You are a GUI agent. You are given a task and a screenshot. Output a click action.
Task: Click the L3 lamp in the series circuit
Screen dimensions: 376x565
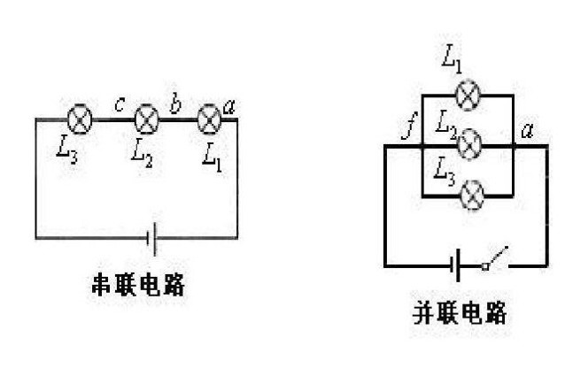81,117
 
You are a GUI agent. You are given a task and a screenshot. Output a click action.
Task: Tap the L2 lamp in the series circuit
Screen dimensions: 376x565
145,117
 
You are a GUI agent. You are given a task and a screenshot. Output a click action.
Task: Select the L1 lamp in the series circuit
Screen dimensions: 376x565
210,117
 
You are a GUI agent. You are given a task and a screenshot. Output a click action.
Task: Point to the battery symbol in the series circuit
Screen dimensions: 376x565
153,237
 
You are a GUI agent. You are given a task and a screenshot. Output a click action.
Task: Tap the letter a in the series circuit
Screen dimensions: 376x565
229,106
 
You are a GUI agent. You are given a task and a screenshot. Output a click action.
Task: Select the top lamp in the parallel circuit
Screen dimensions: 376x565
468,94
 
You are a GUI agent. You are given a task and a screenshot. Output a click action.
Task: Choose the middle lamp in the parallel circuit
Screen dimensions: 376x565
468,142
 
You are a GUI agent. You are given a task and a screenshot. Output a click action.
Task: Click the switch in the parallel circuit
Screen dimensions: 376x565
496,260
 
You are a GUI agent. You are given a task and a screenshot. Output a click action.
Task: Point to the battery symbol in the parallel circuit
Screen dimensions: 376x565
455,265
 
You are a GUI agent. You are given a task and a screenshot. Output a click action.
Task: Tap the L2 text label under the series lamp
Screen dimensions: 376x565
142,151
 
